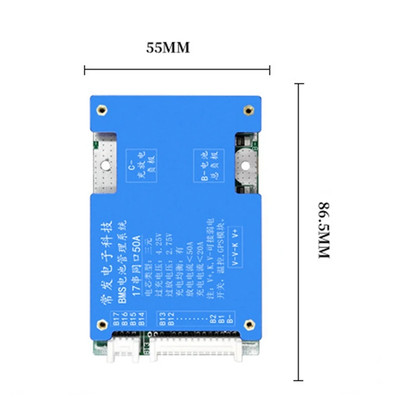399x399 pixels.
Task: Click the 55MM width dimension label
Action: [x=168, y=48]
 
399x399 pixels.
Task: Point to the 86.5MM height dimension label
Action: [x=325, y=229]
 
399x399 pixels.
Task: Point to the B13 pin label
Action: [x=162, y=320]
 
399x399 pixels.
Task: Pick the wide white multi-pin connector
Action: [x=197, y=349]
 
